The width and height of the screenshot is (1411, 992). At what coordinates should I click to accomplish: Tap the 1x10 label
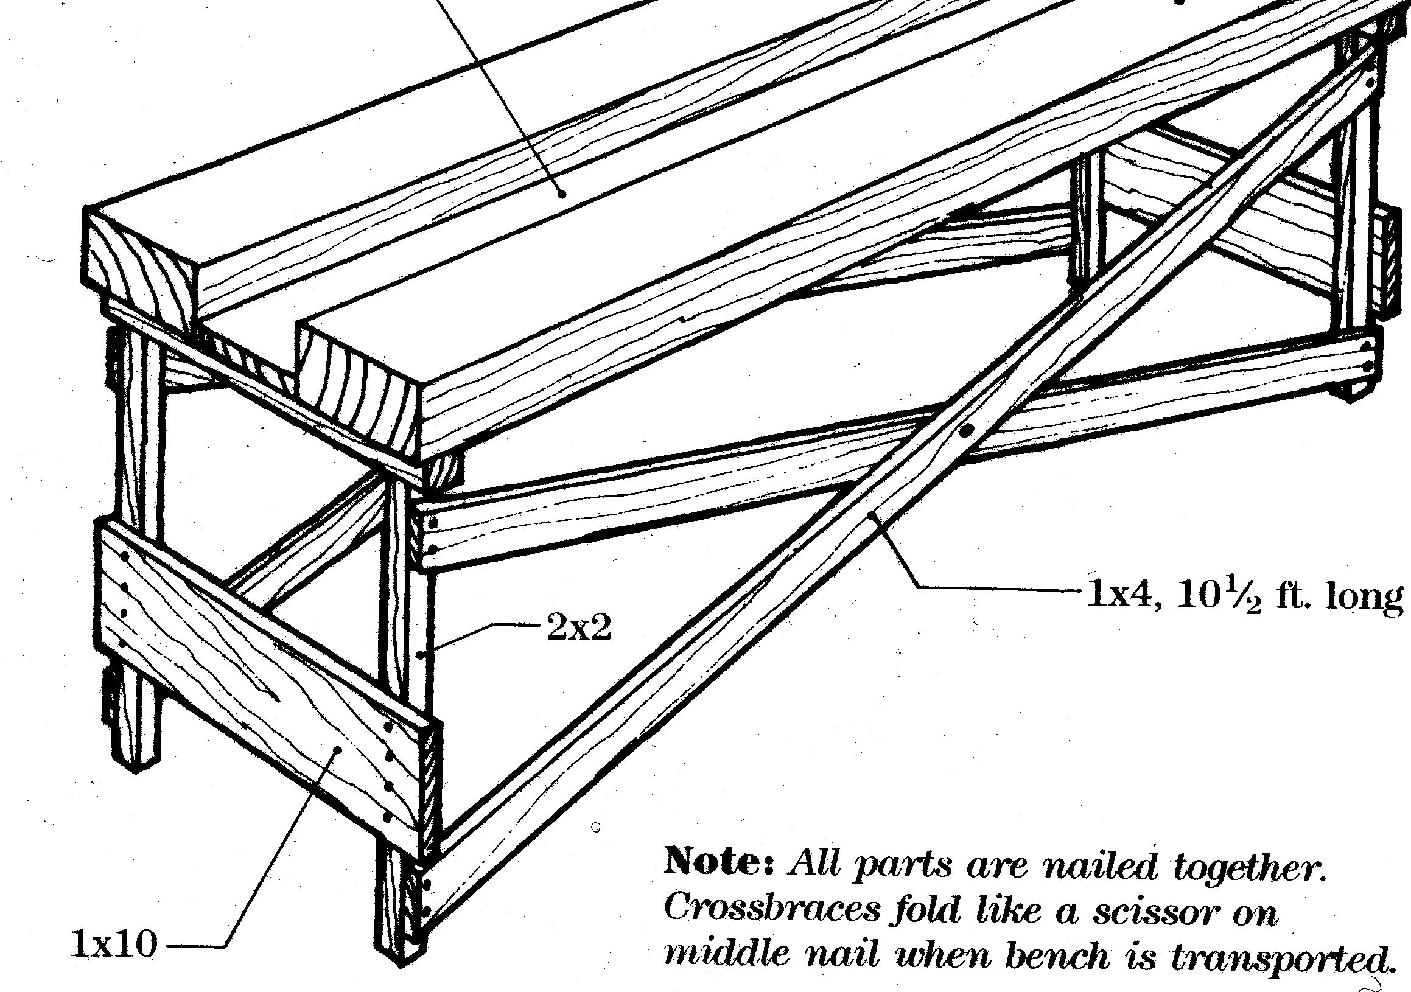coord(114,944)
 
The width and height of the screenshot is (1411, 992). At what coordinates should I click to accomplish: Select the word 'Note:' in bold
coord(719,862)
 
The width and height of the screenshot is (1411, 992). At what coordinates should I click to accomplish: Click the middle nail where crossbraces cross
coord(966,431)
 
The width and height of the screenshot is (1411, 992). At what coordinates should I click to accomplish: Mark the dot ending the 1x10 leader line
coord(337,749)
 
